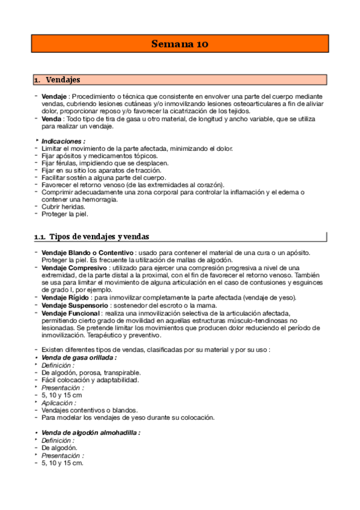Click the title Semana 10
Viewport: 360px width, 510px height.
pyautogui.click(x=180, y=44)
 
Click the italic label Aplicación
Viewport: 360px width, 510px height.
pyautogui.click(x=58, y=402)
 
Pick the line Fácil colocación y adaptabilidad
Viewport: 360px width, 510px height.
pyautogui.click(x=90, y=380)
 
